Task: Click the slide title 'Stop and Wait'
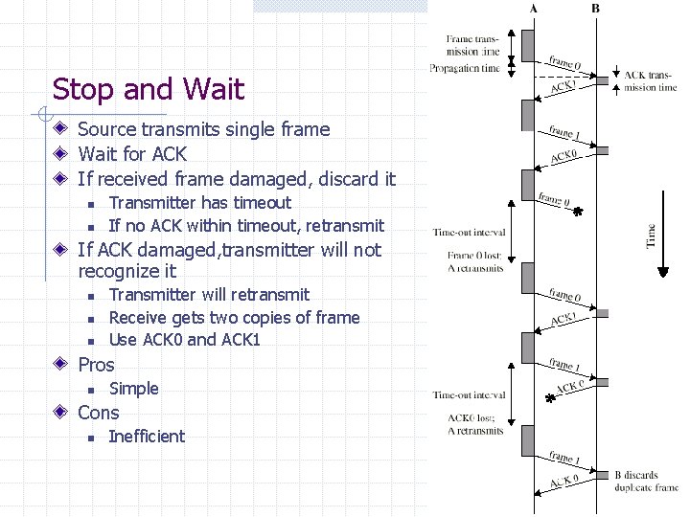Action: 149,89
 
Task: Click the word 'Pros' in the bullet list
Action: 96,365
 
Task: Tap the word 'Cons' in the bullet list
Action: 99,413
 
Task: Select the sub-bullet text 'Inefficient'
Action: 147,437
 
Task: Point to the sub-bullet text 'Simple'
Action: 133,389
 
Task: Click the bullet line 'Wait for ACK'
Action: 132,153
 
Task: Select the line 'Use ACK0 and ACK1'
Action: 186,340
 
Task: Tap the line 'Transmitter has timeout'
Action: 199,202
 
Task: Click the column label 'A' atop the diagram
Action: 533,9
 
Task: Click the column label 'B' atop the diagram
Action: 596,9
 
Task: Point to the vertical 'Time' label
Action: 652,234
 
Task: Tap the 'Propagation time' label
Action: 465,68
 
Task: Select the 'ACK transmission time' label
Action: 650,81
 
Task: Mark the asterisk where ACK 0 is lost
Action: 550,397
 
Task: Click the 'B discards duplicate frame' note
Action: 645,481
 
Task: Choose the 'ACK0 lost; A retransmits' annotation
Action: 474,424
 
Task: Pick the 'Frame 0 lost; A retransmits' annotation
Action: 474,261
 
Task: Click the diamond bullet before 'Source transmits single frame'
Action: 60,129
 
